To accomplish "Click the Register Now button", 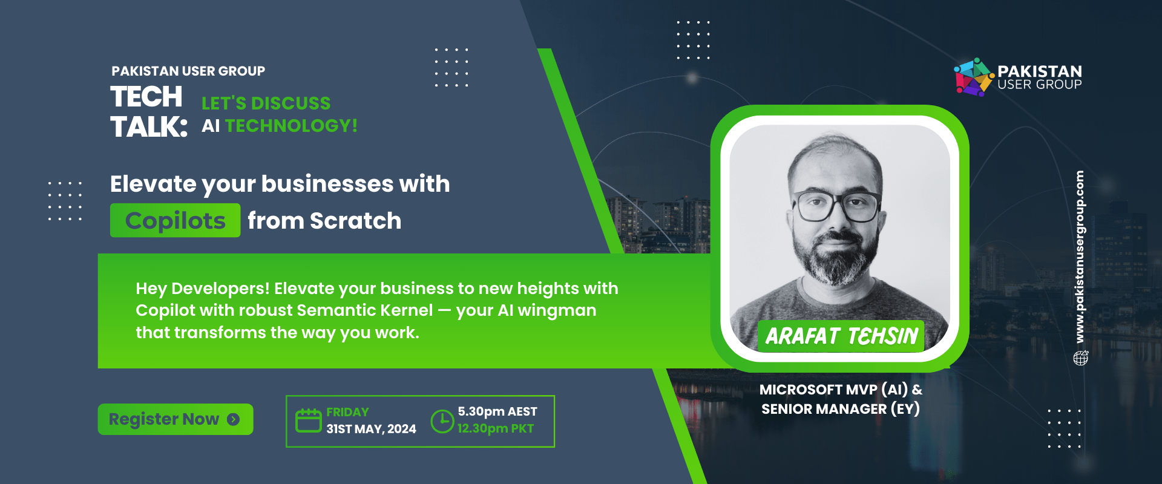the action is (x=176, y=419).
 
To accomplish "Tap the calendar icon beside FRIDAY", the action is (x=308, y=420).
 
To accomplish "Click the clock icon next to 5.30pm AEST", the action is (x=442, y=421).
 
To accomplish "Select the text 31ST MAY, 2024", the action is (x=371, y=429).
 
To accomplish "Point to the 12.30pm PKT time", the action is (x=496, y=429).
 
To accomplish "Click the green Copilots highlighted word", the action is (x=175, y=220).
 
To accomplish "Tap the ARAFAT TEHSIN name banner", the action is (x=841, y=336).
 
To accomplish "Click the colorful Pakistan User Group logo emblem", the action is (x=974, y=77).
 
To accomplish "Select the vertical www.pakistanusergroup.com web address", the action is (x=1080, y=257).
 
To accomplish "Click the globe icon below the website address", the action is (x=1081, y=358).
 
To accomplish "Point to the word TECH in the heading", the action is (x=146, y=97).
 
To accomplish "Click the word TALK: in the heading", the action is (x=149, y=127).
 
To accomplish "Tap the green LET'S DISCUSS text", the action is (x=266, y=103).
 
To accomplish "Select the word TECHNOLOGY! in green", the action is (x=292, y=126).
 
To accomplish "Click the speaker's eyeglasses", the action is (x=838, y=207).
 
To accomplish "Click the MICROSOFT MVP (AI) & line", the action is (x=841, y=390).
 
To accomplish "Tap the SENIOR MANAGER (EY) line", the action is (x=841, y=410).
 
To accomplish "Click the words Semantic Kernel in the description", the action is (x=365, y=310).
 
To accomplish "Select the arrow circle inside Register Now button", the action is (x=234, y=419).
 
